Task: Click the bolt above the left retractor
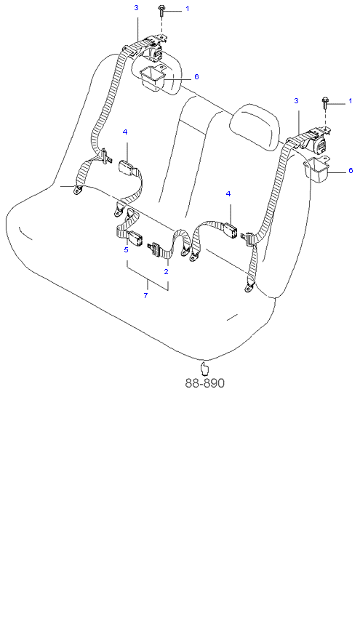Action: (161, 10)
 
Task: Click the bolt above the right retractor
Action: (325, 103)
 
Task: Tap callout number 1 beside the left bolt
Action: (187, 9)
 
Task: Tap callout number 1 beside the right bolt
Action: (350, 100)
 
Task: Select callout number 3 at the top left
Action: (136, 7)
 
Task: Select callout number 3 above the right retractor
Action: (296, 100)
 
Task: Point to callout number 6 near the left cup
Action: (196, 76)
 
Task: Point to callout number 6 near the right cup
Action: (351, 170)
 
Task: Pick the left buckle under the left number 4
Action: (127, 167)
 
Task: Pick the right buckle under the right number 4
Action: (229, 229)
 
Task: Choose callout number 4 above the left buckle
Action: (125, 132)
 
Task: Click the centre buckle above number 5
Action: (134, 239)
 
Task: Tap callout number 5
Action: (126, 250)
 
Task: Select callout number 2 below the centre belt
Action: (166, 271)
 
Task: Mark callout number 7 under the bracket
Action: (145, 296)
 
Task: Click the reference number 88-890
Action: (204, 383)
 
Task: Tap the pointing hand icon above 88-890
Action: (204, 368)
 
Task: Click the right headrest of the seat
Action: (256, 127)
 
